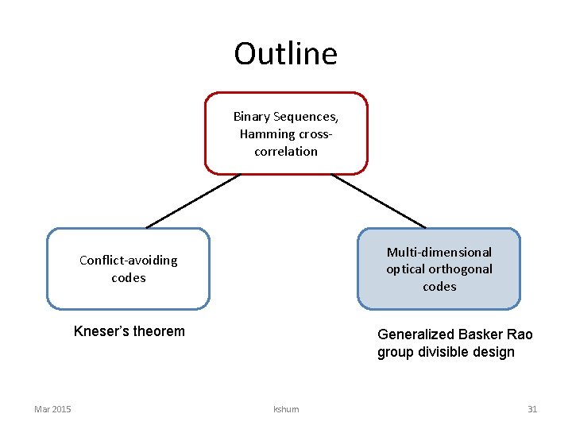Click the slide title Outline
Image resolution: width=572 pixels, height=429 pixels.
[285, 54]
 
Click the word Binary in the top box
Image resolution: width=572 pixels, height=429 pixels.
[252, 117]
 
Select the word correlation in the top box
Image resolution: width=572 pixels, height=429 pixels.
[286, 152]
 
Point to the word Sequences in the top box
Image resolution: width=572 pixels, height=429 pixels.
[307, 117]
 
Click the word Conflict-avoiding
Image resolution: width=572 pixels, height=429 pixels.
[129, 260]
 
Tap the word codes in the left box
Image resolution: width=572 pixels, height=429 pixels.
[129, 277]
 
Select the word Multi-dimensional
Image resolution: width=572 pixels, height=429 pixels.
[439, 252]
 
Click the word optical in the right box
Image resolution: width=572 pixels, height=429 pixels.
[406, 269]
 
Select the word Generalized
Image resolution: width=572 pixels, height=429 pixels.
[415, 334]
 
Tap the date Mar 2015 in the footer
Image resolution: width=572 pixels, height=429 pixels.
[52, 409]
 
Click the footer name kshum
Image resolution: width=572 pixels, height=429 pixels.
[285, 409]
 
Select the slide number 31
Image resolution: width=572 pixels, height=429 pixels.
[532, 409]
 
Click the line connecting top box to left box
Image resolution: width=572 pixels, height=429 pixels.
[192, 201]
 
